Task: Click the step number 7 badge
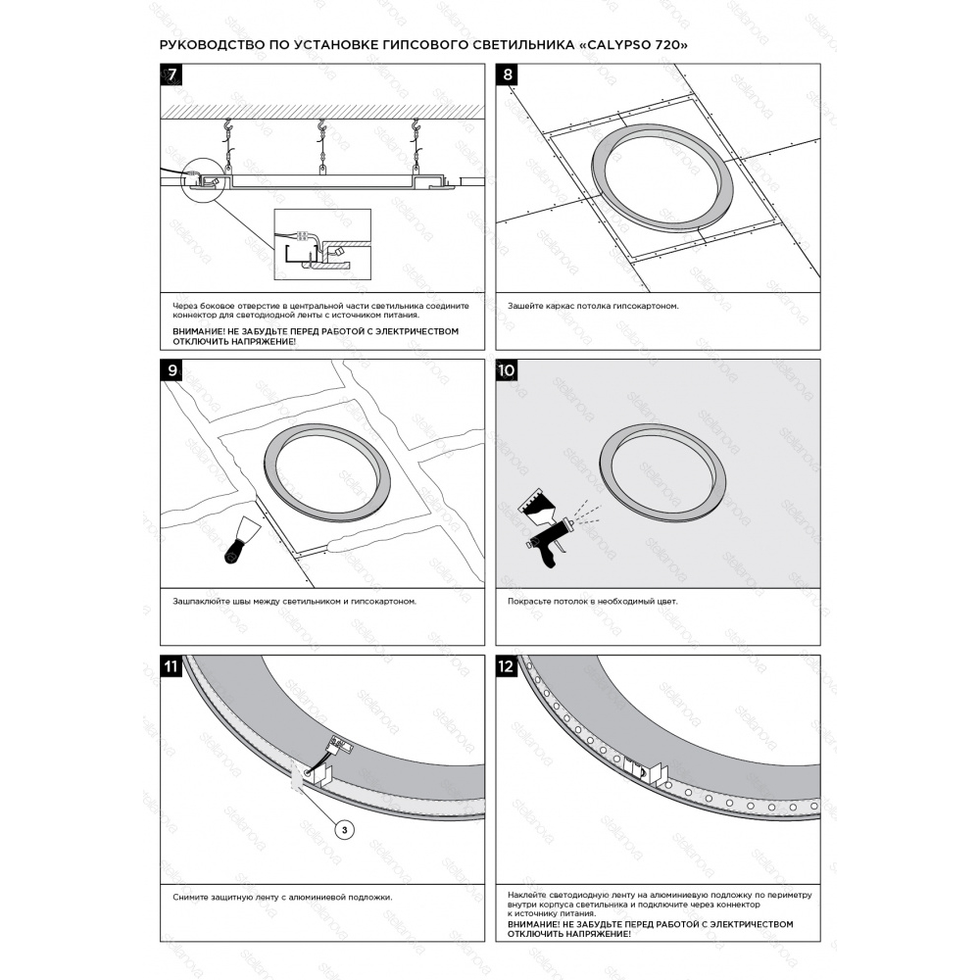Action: point(171,74)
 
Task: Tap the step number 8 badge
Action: point(507,74)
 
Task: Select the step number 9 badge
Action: point(171,370)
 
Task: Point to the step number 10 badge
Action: point(507,370)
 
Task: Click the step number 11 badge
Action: point(171,665)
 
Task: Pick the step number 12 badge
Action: point(507,665)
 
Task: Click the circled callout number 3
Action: point(344,830)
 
